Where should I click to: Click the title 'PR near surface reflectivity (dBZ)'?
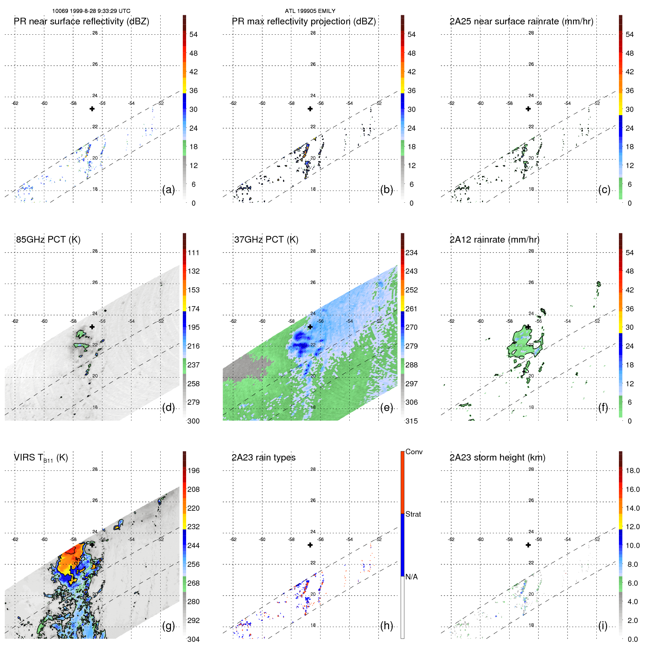(x=81, y=21)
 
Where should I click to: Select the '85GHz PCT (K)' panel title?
(x=48, y=240)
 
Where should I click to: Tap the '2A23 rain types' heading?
(x=263, y=458)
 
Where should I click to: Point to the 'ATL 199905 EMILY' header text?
(x=310, y=11)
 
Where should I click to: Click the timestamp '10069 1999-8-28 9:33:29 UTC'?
(x=91, y=11)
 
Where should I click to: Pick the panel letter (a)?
(x=168, y=190)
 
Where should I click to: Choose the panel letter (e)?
(x=386, y=408)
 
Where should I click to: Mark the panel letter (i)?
(x=603, y=626)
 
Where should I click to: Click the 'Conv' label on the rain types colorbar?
(x=414, y=452)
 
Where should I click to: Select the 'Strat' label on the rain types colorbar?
(x=413, y=514)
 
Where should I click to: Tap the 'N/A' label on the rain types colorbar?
(x=411, y=577)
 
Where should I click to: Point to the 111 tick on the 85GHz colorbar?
(x=194, y=253)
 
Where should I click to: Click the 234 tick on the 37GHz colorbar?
(x=411, y=253)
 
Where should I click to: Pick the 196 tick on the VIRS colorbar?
(x=194, y=471)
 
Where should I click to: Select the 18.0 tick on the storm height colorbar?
(x=632, y=471)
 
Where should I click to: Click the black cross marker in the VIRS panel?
(x=92, y=545)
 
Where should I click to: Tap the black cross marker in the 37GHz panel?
(x=310, y=327)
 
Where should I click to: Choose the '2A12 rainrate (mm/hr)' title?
(x=494, y=240)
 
